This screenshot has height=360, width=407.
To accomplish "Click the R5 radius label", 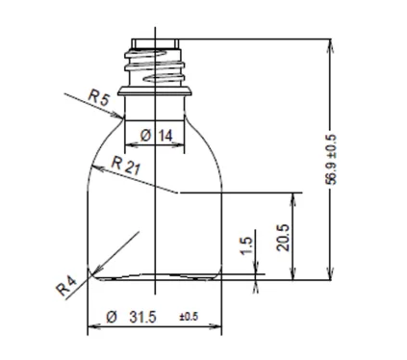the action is point(98,98).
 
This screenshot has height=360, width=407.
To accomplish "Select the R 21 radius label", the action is point(126,166).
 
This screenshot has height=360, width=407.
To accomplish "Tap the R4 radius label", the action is point(66,286).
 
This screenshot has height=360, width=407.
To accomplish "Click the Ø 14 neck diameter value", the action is point(157,136).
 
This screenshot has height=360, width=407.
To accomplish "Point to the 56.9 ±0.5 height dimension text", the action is point(331,160).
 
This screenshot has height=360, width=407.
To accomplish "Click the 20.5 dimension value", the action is point(283,238).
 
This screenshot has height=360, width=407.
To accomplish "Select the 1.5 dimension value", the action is point(247,245).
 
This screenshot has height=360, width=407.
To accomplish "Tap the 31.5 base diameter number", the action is point(142,318).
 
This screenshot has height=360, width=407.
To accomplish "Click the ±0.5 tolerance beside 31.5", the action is point(189,317).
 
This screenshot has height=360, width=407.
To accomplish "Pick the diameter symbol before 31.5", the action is point(112,318).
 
